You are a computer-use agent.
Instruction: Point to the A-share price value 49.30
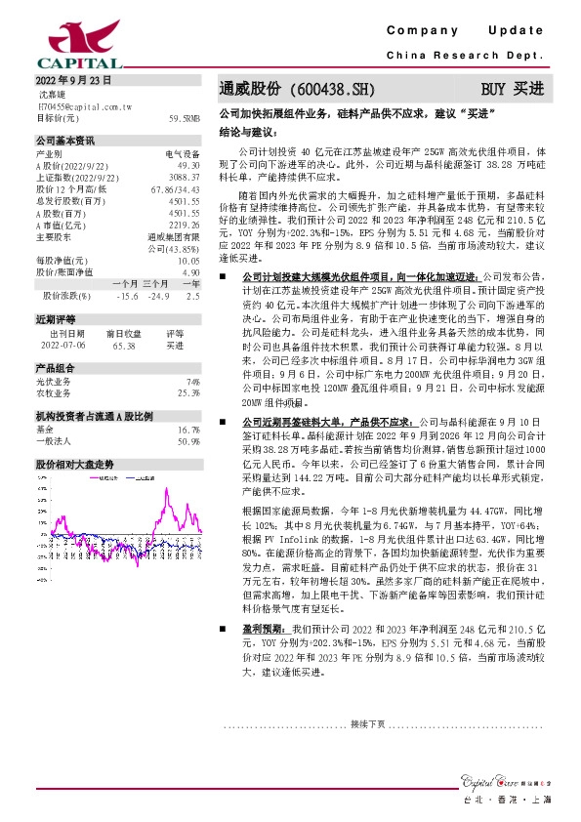click(x=189, y=166)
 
